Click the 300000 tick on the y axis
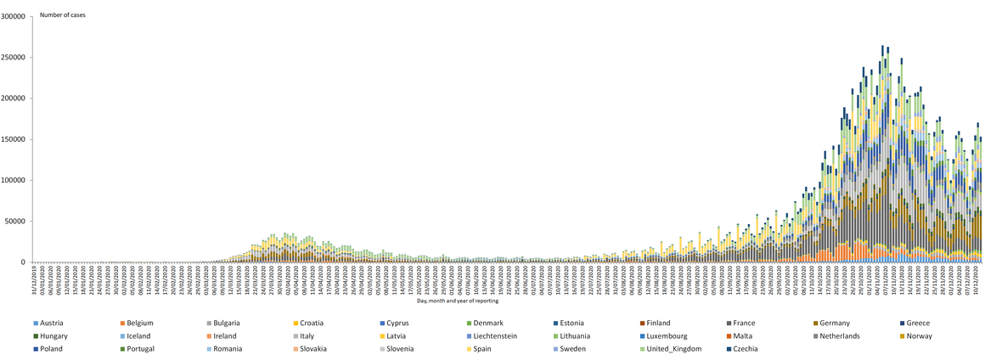point(14,16)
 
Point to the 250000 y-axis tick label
point(14,58)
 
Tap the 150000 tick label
point(14,139)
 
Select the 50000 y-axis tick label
point(16,222)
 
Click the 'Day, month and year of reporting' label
point(458,301)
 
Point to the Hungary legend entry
point(54,336)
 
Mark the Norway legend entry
point(920,336)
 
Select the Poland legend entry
point(52,349)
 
